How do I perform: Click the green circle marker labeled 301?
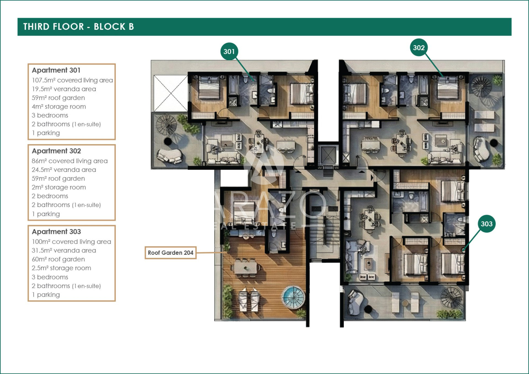(229, 52)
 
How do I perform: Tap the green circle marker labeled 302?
(419, 48)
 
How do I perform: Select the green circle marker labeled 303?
(487, 224)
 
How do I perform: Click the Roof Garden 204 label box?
(171, 253)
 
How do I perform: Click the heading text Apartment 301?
(56, 70)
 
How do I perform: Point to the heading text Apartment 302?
(56, 151)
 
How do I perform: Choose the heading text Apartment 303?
(56, 232)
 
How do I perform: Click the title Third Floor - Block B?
(79, 27)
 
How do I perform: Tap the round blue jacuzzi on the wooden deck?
(293, 297)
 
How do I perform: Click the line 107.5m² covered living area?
(72, 80)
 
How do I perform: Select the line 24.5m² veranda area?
(64, 170)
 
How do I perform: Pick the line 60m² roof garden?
(58, 259)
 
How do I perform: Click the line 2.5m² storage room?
(61, 268)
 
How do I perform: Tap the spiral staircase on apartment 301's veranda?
(166, 125)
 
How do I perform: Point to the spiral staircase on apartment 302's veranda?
(481, 87)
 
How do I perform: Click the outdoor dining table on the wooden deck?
(245, 267)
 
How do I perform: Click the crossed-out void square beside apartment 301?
(171, 93)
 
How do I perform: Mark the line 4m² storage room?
(59, 107)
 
